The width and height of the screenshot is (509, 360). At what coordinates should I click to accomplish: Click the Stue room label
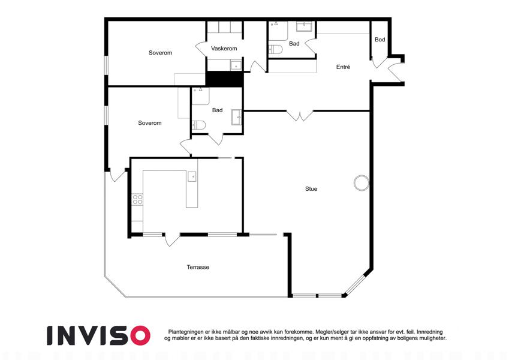(311, 189)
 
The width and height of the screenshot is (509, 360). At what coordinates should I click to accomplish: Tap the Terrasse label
(198, 267)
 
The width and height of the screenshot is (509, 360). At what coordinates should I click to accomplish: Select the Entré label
(343, 67)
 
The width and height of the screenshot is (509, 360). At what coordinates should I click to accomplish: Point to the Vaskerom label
(224, 49)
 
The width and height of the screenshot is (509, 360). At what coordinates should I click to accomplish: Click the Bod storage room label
(380, 40)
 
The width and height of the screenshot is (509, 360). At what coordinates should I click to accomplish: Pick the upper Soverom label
(160, 53)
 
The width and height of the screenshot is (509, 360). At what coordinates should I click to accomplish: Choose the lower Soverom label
(150, 123)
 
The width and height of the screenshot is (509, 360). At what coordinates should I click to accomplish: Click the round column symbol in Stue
(362, 183)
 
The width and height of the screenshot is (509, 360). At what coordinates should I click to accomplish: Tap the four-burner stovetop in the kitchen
(137, 199)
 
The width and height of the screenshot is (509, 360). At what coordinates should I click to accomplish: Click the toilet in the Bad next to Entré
(275, 49)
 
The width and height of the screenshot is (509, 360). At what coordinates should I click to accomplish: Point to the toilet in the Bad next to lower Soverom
(198, 125)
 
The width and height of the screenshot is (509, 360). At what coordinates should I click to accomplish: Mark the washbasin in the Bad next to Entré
(304, 26)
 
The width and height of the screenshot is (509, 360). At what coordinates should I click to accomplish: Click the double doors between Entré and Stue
(300, 116)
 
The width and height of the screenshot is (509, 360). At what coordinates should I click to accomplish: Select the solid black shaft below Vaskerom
(225, 79)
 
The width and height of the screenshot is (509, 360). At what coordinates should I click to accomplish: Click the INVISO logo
(99, 335)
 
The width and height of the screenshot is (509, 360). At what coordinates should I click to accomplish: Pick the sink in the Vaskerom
(236, 65)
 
